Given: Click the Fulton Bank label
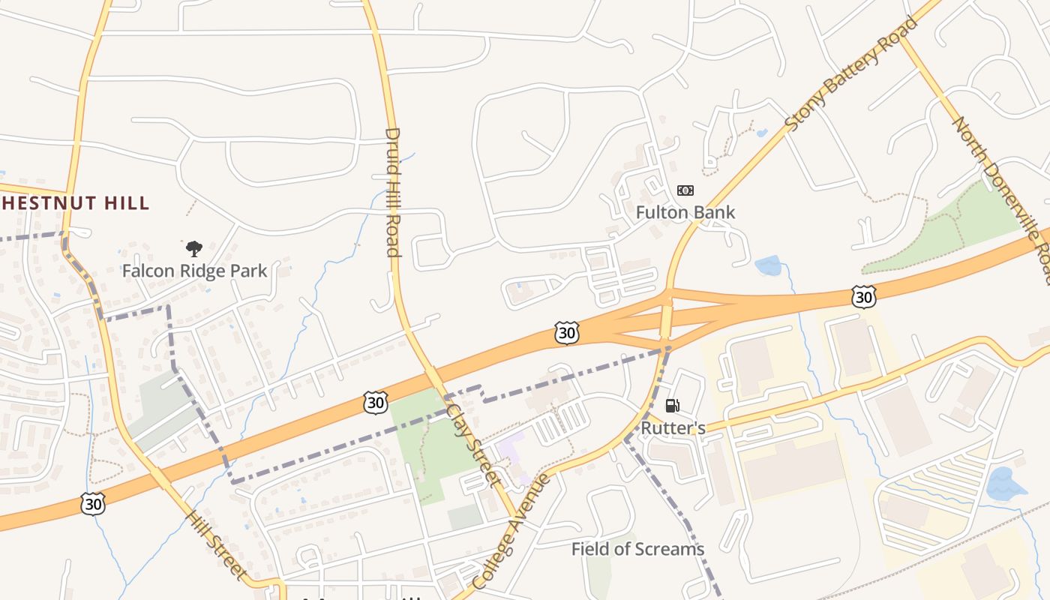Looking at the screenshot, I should [x=685, y=212].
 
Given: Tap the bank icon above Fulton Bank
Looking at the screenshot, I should [x=685, y=190].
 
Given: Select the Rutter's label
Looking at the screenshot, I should [x=673, y=428].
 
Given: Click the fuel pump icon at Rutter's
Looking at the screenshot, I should [x=673, y=406].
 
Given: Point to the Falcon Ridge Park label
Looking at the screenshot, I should [x=194, y=271].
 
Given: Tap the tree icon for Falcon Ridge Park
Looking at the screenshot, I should [x=194, y=248].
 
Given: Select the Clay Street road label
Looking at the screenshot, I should [x=473, y=445].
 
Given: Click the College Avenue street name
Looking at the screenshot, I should [x=512, y=530].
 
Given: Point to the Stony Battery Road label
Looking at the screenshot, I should [x=851, y=73].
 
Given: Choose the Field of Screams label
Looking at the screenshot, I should [x=637, y=549].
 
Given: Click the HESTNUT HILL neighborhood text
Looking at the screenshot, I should [x=75, y=202].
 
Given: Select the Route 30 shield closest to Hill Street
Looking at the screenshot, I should [x=92, y=504].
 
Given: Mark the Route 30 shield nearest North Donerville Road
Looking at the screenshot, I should [x=864, y=297].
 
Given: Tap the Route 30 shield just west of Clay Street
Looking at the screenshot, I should [x=376, y=403].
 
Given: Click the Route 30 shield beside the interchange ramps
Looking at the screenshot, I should [x=567, y=333].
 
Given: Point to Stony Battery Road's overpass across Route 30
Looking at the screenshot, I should [x=666, y=319].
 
